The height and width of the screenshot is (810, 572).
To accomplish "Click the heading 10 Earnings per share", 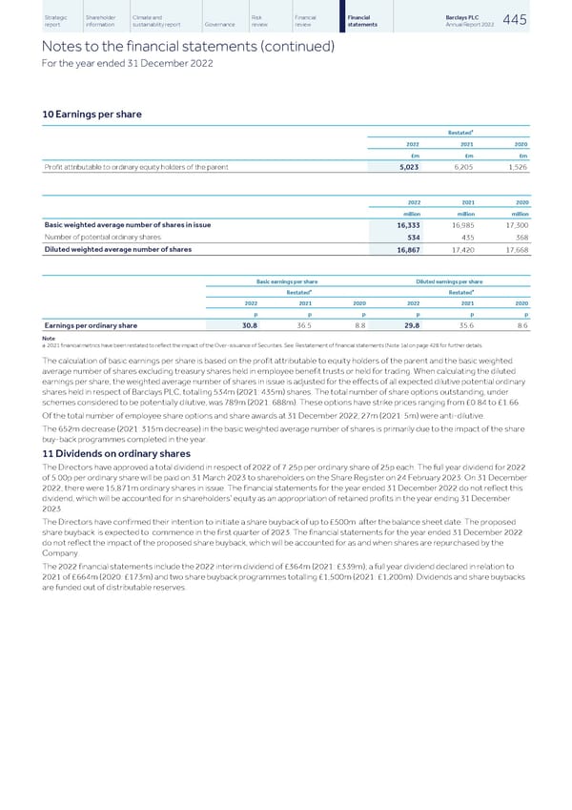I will [x=94, y=114].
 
